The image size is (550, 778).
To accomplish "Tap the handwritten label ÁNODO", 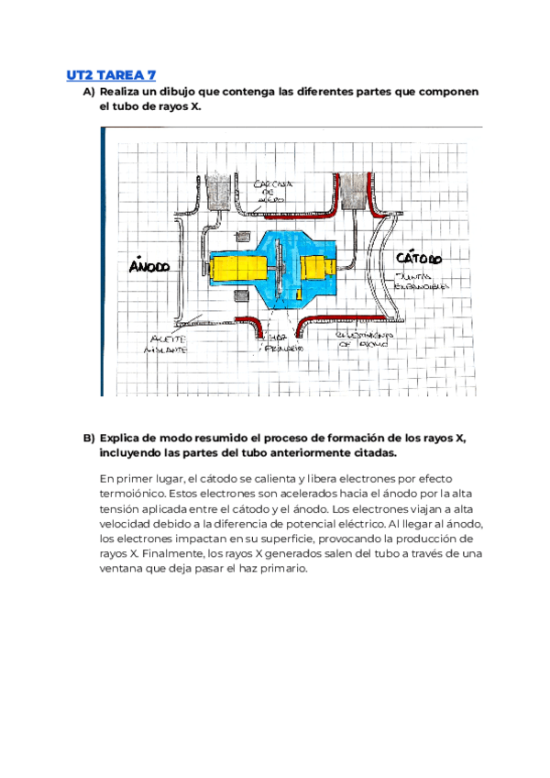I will tap(149, 266).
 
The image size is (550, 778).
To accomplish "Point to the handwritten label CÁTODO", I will tap(418, 259).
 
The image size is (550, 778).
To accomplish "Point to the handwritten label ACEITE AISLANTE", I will tap(164, 344).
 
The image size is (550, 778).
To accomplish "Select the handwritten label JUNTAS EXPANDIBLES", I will tap(420, 281).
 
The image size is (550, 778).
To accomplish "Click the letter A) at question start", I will tap(88, 93).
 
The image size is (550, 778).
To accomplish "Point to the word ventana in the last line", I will tap(124, 569).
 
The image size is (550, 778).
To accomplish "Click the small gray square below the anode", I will tap(240, 295).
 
